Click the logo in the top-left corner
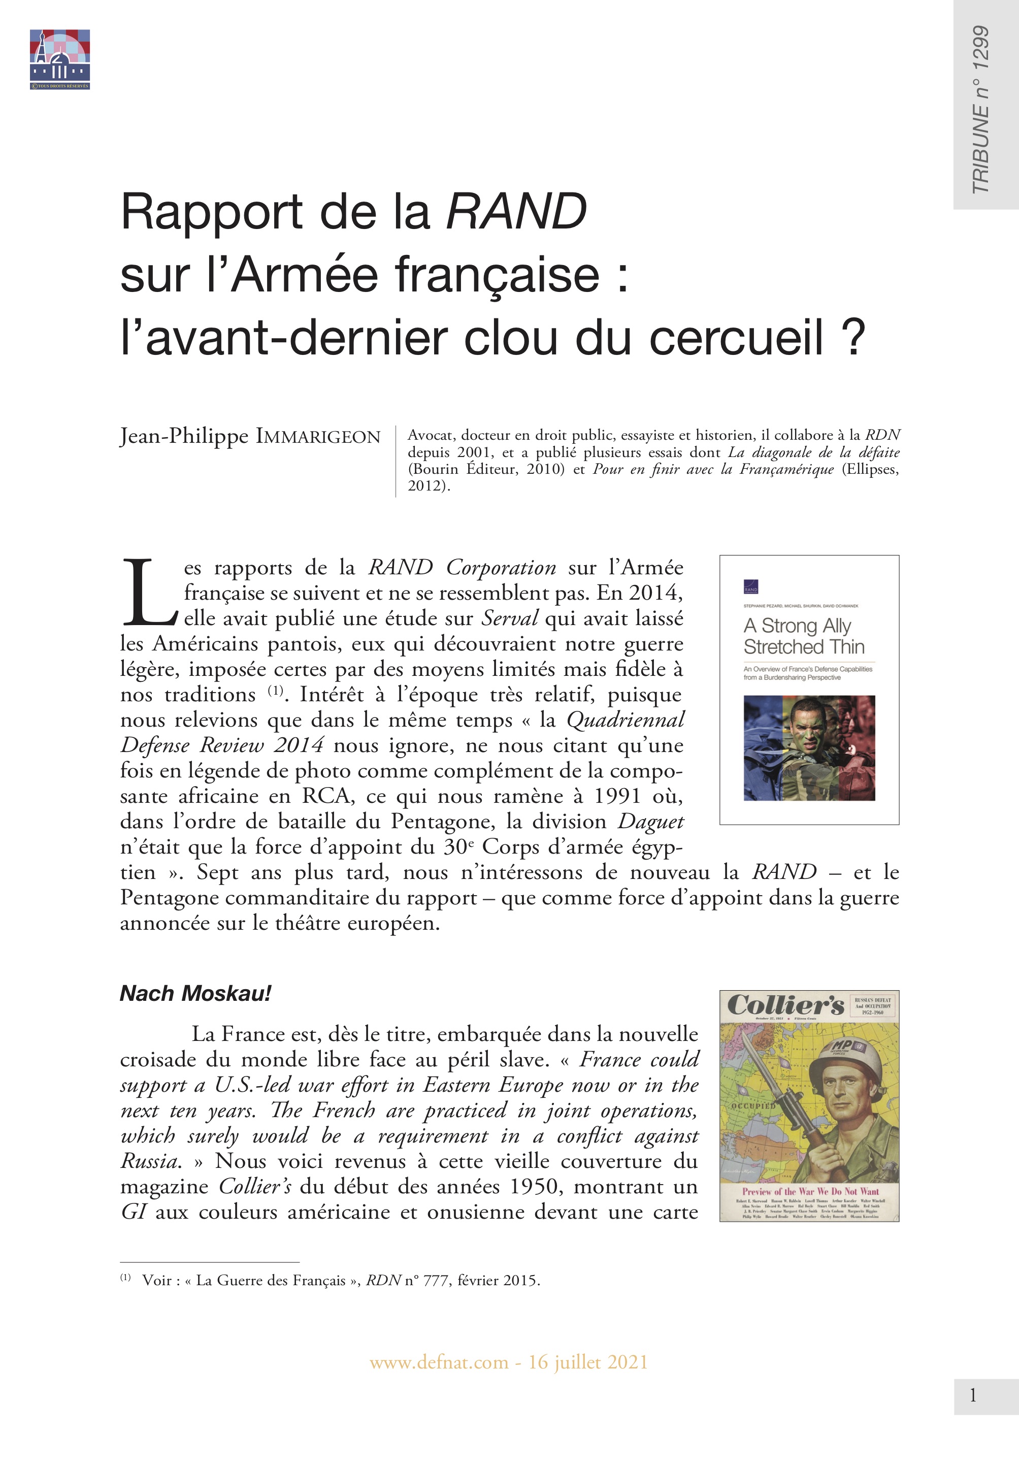(x=59, y=59)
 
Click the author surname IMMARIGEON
(x=318, y=437)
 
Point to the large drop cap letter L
(x=148, y=593)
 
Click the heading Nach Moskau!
(x=195, y=993)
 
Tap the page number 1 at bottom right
(x=972, y=1395)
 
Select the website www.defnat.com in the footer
(x=439, y=1362)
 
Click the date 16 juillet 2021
(x=588, y=1362)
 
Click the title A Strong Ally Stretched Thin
(x=803, y=636)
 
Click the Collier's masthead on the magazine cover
(x=785, y=1005)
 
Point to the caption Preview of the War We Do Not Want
(x=810, y=1191)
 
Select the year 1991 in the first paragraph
(x=617, y=796)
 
